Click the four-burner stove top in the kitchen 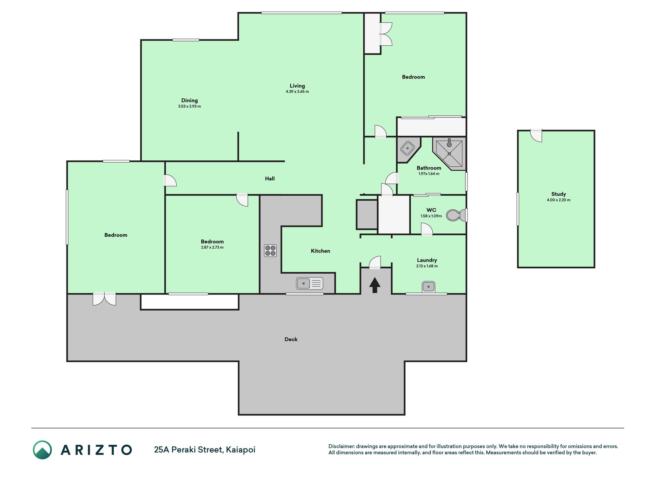[x=270, y=251]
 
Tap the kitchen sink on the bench [x=309, y=284]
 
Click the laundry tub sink [x=428, y=287]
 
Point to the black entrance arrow [x=374, y=285]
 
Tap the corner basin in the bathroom [x=407, y=148]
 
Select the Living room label [x=297, y=86]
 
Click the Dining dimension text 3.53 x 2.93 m [x=189, y=106]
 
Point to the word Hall [x=270, y=178]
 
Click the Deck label [x=291, y=339]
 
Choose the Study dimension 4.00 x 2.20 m [x=558, y=200]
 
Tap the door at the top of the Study [x=536, y=135]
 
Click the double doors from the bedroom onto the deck [x=104, y=299]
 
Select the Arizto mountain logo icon [x=42, y=450]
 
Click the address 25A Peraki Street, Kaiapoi [x=205, y=450]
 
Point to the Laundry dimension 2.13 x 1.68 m [x=427, y=266]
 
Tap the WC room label [x=431, y=210]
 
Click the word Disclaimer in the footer [x=341, y=446]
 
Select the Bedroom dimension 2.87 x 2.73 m [x=212, y=247]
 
